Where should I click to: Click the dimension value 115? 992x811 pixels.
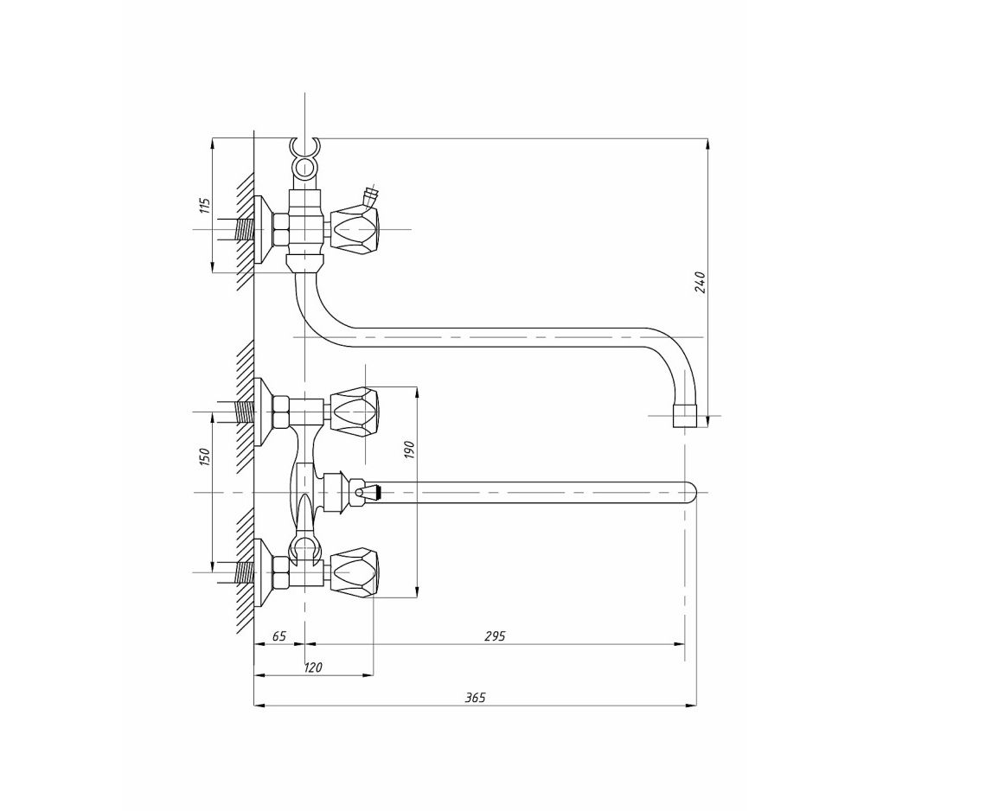[204, 206]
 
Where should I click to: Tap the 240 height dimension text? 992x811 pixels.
[699, 282]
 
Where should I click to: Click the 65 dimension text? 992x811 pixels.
[279, 636]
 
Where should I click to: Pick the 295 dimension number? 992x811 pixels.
[495, 636]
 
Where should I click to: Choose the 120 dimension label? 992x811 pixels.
[312, 667]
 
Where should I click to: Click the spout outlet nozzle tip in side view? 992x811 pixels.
[684, 416]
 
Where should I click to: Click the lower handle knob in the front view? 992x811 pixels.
[355, 572]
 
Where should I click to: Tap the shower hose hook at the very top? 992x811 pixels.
[305, 149]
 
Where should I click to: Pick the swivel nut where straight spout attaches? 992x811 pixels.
[336, 492]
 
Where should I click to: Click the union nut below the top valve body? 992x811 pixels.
[305, 263]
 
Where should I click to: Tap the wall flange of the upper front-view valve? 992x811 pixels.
[262, 412]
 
